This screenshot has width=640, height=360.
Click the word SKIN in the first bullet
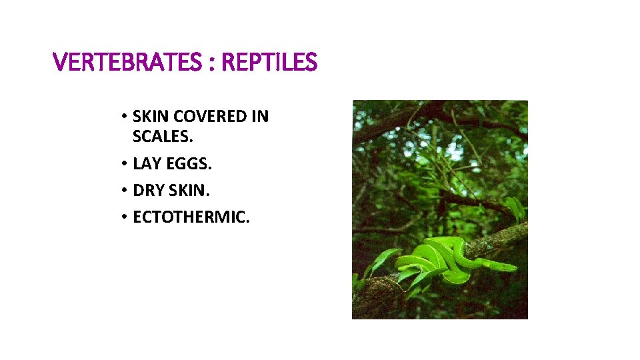(x=151, y=117)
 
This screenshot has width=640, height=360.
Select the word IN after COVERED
(x=261, y=117)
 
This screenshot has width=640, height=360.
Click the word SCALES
(x=163, y=137)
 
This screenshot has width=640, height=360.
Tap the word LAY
(x=146, y=163)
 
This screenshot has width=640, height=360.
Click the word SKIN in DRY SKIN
(x=188, y=191)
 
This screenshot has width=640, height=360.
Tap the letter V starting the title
(x=59, y=63)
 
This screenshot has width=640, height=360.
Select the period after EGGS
(x=210, y=168)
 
